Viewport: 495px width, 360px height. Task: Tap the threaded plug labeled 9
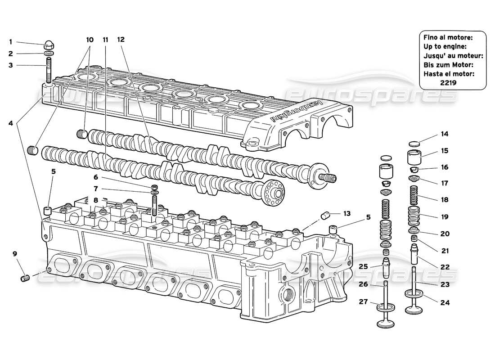[25, 279]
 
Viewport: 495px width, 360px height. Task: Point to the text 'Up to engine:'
[445, 46]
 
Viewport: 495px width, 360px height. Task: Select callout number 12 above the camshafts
[120, 40]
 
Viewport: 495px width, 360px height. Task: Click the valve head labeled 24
[415, 296]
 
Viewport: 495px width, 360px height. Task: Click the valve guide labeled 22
[414, 254]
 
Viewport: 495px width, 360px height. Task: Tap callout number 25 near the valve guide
[364, 266]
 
